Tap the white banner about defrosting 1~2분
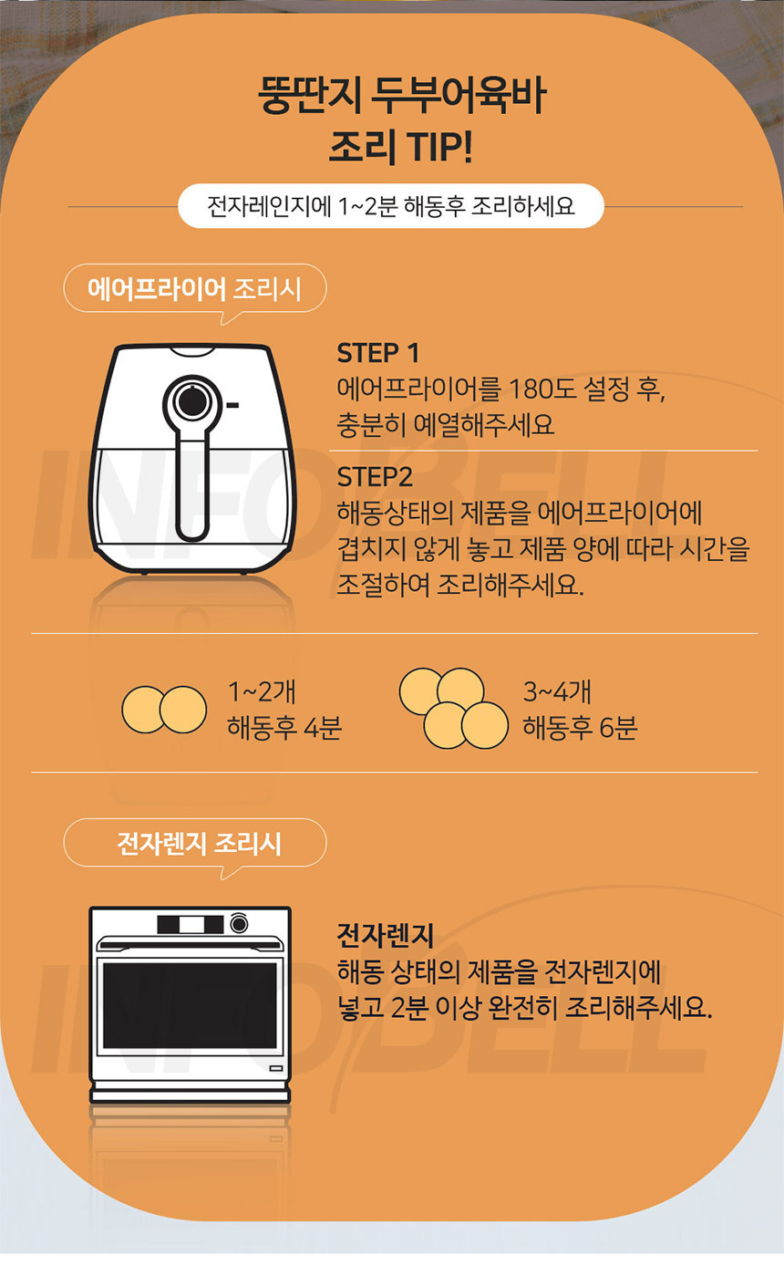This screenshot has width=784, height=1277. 391,206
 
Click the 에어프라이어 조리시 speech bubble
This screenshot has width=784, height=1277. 195,288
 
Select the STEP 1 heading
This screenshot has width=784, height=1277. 377,353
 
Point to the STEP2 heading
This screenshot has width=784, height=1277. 375,477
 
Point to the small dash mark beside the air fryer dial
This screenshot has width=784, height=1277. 232,405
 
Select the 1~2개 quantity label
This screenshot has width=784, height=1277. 262,691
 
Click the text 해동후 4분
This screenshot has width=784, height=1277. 284,728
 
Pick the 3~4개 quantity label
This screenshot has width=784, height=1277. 557,691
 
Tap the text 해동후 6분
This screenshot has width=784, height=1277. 580,728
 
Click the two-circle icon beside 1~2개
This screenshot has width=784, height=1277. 164,710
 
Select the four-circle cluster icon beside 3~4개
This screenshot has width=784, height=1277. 454,708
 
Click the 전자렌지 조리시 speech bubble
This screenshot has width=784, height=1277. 195,843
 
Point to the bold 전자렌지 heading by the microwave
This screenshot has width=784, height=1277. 385,936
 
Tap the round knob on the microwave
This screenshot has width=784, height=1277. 239,923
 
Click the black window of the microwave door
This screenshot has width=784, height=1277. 190,1006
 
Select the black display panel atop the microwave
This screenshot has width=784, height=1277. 191,924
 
